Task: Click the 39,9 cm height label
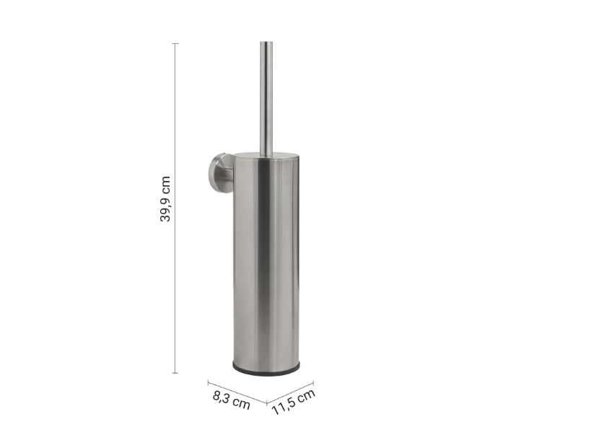coord(165,199)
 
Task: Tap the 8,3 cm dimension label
coord(232,400)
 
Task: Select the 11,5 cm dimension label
coord(294,402)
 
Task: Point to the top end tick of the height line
coord(175,44)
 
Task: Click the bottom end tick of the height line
coord(175,373)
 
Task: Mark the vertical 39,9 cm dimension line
coord(175,208)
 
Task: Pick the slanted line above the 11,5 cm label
coord(290,393)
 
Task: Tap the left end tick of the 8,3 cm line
coord(208,383)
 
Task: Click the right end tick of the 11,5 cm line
coord(313,383)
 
